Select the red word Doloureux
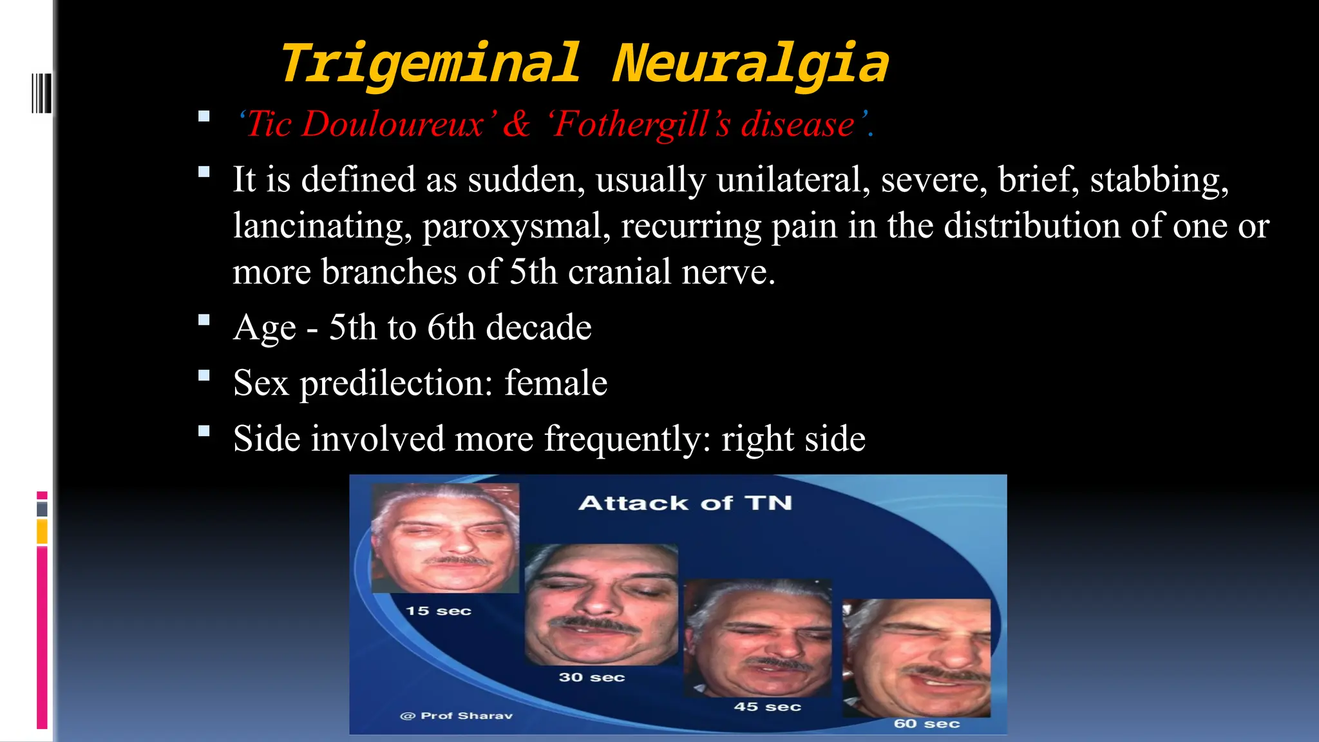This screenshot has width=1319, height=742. coord(392,124)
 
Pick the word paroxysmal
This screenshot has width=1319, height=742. coord(517,226)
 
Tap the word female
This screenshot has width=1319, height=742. coord(556,383)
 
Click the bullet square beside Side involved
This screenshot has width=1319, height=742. coord(204,431)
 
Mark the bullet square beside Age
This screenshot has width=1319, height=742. coord(204,319)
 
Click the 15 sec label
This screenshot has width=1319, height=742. coord(439,611)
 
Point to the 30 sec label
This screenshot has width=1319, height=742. coord(592,677)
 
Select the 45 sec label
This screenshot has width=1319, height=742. coord(767,707)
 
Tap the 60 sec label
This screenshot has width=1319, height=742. coord(926,723)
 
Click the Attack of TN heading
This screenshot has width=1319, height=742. coord(685,502)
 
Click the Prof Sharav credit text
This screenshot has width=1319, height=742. coord(457,716)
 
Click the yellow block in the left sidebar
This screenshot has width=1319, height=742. coord(42,532)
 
